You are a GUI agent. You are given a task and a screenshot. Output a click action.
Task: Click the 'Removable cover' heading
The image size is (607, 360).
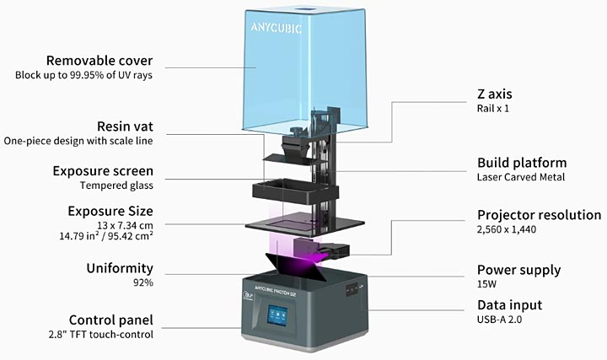pos(100,61)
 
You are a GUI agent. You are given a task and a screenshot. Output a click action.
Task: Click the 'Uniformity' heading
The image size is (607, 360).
pos(120,269)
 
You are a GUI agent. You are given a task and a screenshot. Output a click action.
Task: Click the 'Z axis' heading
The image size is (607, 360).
pos(495,94)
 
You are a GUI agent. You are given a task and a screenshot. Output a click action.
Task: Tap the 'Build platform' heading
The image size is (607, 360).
pos(522,163)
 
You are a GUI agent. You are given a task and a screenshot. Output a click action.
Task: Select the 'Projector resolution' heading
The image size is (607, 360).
pos(539,215)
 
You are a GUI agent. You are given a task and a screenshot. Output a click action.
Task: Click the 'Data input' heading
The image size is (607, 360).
pos(509,305)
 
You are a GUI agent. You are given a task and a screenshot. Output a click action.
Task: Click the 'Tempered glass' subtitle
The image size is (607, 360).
pos(116,185)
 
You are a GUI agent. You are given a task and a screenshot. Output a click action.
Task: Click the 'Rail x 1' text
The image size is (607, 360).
pos(492,109)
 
